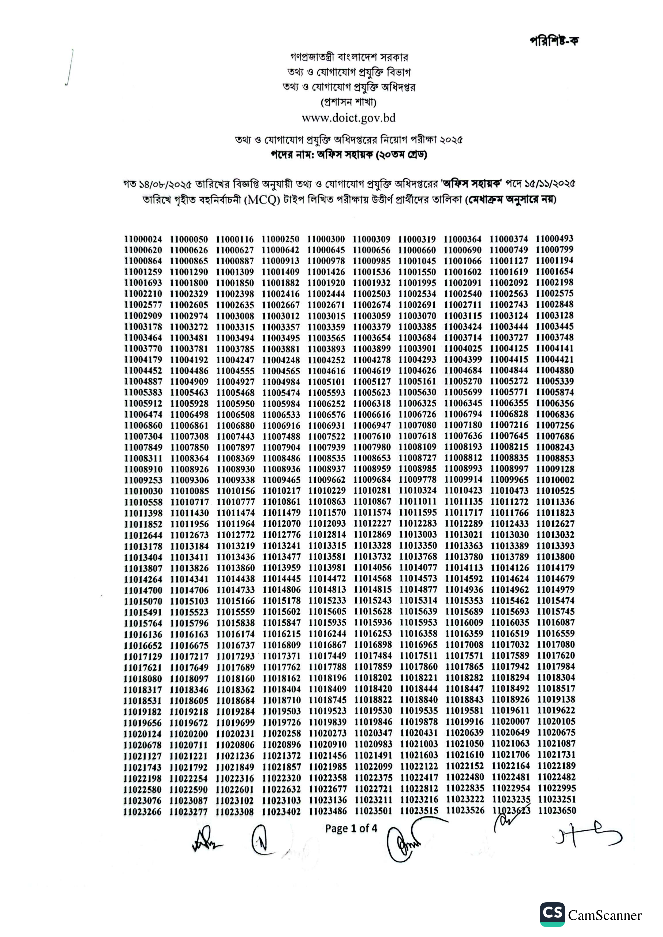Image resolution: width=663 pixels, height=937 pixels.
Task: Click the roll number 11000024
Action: [x=143, y=239]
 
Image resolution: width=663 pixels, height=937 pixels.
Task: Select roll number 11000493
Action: [x=554, y=238]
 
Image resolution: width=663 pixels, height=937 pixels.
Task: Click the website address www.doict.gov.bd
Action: [x=348, y=118]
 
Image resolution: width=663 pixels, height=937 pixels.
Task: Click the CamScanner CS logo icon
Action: [x=552, y=915]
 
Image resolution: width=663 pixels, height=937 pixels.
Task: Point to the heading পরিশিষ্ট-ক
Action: [x=554, y=41]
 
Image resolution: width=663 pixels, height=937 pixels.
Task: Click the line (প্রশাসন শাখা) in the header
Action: [x=348, y=102]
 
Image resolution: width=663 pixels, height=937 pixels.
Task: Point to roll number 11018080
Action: [x=143, y=679]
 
